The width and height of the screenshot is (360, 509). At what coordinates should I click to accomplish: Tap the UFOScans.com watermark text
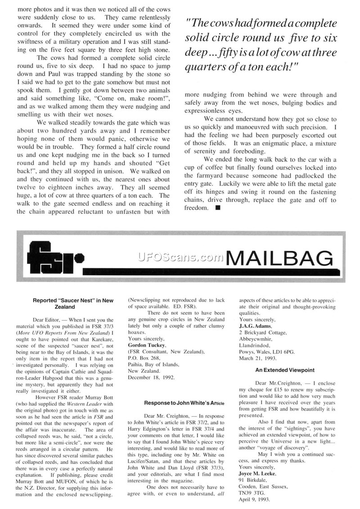180,257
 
